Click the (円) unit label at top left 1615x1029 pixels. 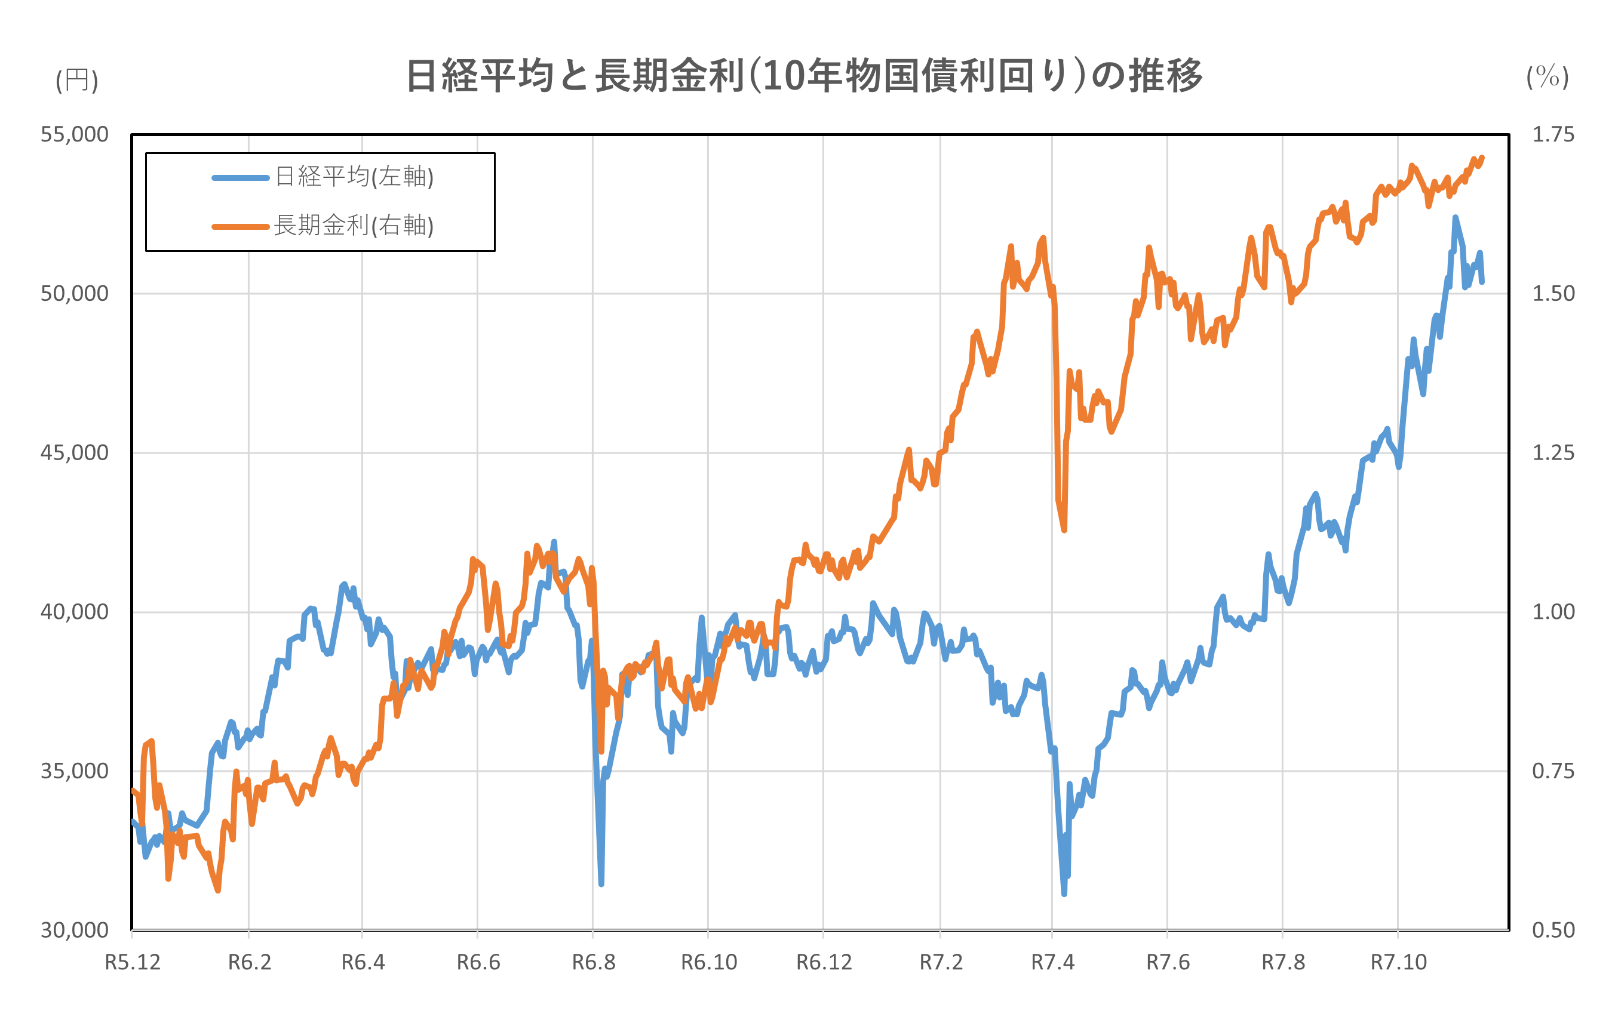pos(76,80)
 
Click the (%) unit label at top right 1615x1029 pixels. pos(1548,77)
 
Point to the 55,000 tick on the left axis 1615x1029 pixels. pos(75,134)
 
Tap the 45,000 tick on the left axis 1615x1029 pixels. pos(75,452)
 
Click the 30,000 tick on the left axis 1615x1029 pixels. pos(75,930)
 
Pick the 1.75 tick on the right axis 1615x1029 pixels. pos(1553,134)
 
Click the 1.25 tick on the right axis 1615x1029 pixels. pos(1553,452)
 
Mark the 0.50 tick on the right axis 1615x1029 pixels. pos(1553,930)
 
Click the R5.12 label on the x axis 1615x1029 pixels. pos(133,963)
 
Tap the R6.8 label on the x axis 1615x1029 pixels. pos(594,963)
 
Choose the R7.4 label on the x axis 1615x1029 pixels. pos(1052,963)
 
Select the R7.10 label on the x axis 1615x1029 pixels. pos(1398,963)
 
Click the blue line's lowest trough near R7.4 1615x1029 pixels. pos(1064,893)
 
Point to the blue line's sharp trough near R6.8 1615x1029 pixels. pos(601,883)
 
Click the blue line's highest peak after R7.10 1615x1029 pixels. pos(1455,218)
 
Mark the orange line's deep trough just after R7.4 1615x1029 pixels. pos(1064,530)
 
